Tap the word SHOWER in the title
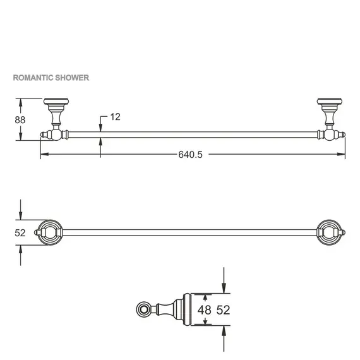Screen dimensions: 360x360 [x=73, y=78]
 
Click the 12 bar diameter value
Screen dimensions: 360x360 [x=114, y=117]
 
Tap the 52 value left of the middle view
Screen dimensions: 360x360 [x=21, y=232]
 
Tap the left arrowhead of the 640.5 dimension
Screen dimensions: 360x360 [x=42, y=155]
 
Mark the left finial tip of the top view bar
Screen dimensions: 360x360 [x=42, y=134]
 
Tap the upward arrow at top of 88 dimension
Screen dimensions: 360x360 [x=21, y=101]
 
